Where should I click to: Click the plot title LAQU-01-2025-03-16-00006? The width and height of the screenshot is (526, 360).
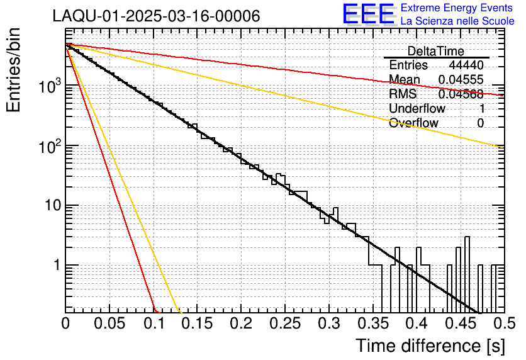(156, 16)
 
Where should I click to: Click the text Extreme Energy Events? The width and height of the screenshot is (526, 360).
(457, 8)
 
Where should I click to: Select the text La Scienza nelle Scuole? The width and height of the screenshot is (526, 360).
(457, 21)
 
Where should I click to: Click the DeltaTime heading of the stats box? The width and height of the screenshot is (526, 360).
(436, 51)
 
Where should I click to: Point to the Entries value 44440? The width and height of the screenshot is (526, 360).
(466, 65)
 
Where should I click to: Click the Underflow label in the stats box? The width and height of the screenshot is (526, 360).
(414, 109)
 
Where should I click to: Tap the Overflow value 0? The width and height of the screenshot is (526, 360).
(481, 123)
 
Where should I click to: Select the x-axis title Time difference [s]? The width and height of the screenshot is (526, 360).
(429, 346)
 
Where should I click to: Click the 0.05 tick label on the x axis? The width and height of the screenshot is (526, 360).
(109, 323)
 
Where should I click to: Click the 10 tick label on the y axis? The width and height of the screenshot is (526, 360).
(50, 205)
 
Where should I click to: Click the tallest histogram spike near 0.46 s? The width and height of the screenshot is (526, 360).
(467, 252)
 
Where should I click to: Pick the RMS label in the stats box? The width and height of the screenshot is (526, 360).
(403, 94)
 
